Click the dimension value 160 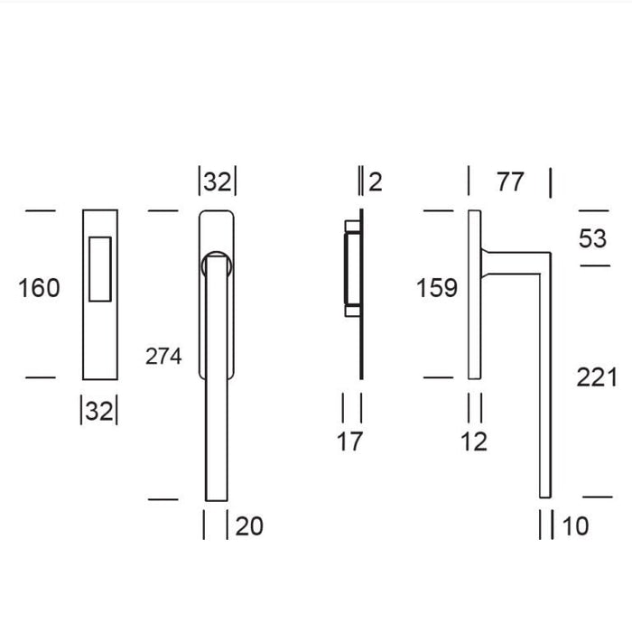pos(39,288)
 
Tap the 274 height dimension pos(163,357)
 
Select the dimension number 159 pos(437,288)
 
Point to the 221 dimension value pos(597,377)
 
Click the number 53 pos(592,238)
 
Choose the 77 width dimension pos(510,181)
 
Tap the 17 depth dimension pos(350,441)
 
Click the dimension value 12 pos(474,441)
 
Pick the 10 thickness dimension pos(575,526)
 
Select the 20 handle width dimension pos(249,526)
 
